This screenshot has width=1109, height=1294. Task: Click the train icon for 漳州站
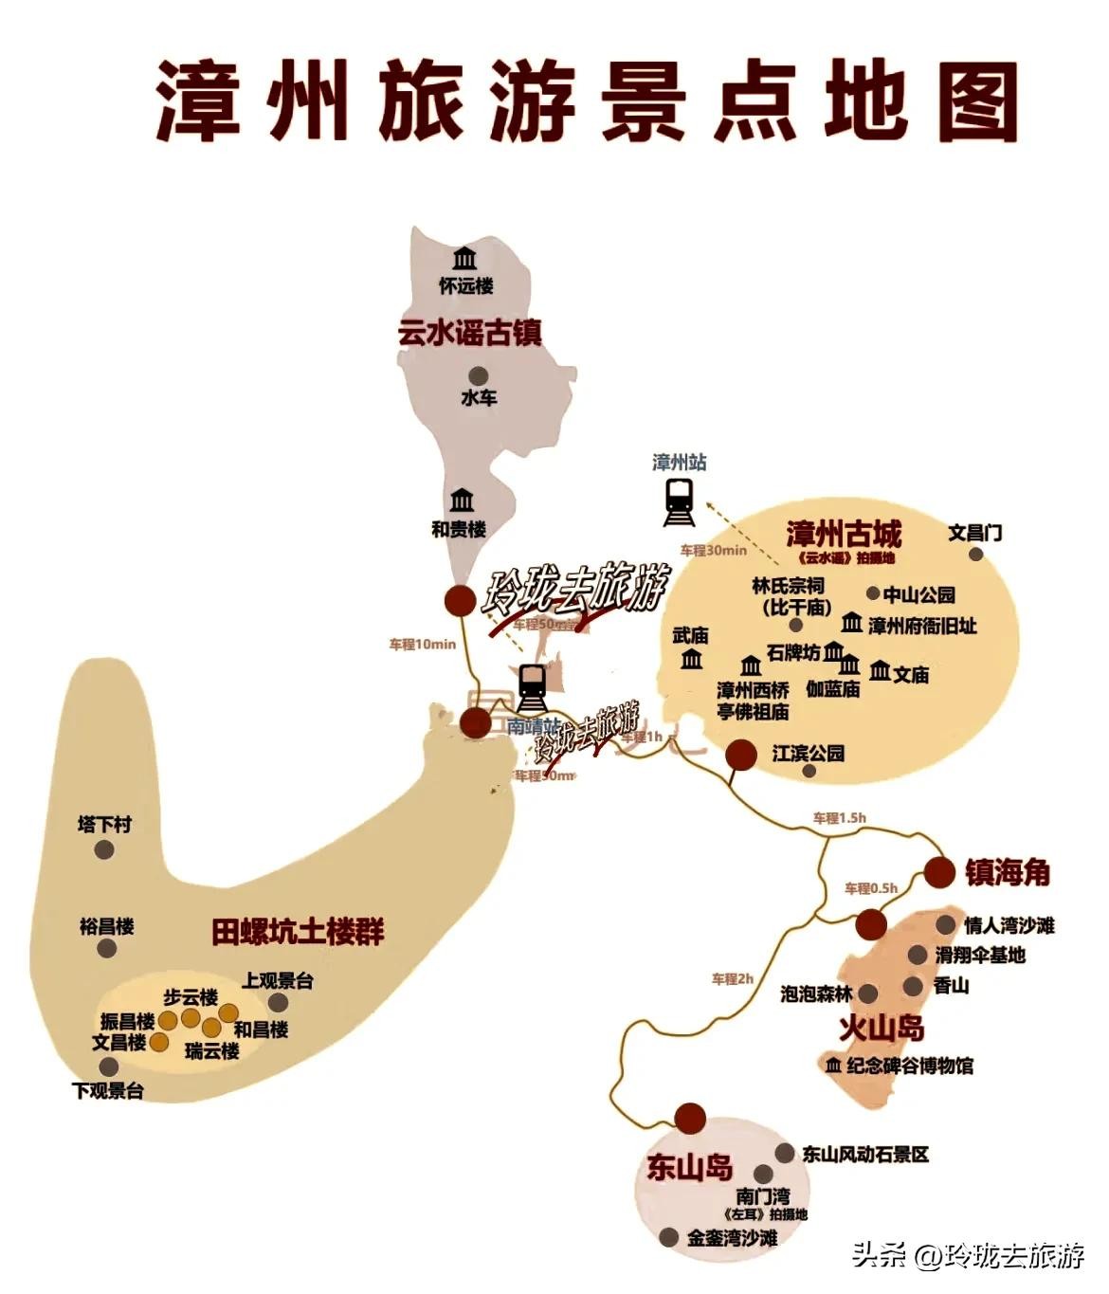(x=679, y=501)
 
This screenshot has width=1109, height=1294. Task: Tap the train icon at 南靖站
(x=532, y=687)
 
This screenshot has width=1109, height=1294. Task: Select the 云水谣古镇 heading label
(x=469, y=334)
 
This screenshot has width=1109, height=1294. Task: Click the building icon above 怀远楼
(x=464, y=258)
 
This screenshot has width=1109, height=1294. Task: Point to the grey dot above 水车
(x=479, y=375)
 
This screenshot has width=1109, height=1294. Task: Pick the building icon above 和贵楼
(x=462, y=500)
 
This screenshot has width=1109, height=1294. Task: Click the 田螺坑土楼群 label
(x=298, y=932)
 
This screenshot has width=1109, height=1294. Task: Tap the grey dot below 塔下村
(x=104, y=849)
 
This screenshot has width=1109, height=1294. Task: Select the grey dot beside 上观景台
(x=278, y=1002)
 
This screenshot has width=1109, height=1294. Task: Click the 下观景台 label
(x=108, y=1091)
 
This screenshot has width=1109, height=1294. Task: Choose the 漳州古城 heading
(x=844, y=534)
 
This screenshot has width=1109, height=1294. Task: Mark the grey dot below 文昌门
(x=975, y=554)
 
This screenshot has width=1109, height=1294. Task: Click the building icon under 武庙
(x=692, y=659)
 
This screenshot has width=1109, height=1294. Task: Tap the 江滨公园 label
(x=808, y=754)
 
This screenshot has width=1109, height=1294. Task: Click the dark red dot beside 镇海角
(x=939, y=872)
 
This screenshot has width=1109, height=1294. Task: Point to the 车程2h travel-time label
(x=732, y=978)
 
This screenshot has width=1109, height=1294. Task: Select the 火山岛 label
(x=882, y=1029)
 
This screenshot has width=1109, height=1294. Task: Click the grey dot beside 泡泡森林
(x=867, y=993)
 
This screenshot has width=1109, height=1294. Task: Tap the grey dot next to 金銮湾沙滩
(x=669, y=1237)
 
